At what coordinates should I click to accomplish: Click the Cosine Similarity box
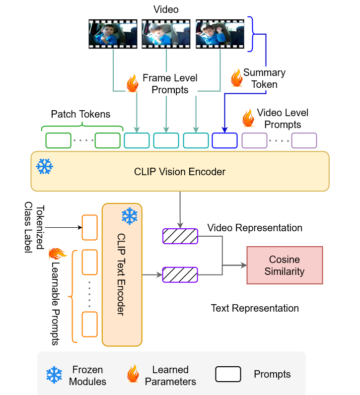click(x=285, y=265)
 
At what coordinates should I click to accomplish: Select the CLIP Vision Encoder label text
click(x=180, y=172)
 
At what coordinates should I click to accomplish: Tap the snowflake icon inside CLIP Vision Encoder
click(x=45, y=166)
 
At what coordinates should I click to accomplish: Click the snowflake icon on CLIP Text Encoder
click(x=130, y=216)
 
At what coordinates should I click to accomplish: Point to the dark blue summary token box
click(x=224, y=140)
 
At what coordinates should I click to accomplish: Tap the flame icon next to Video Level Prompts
click(x=247, y=118)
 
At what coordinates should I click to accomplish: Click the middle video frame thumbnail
click(x=166, y=34)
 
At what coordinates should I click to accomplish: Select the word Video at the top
click(x=166, y=9)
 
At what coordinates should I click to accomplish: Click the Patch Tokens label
click(x=80, y=115)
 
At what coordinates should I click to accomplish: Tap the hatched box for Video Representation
click(x=180, y=236)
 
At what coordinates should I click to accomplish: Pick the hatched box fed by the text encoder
click(x=180, y=274)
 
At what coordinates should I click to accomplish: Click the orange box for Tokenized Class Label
click(x=89, y=227)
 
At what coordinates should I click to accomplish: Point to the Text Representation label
click(x=255, y=308)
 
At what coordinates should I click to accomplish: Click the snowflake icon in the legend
click(x=54, y=375)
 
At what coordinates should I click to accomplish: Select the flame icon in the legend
click(x=133, y=374)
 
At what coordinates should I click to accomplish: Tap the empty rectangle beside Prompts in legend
click(x=228, y=374)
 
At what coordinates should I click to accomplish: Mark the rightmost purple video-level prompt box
click(x=304, y=140)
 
